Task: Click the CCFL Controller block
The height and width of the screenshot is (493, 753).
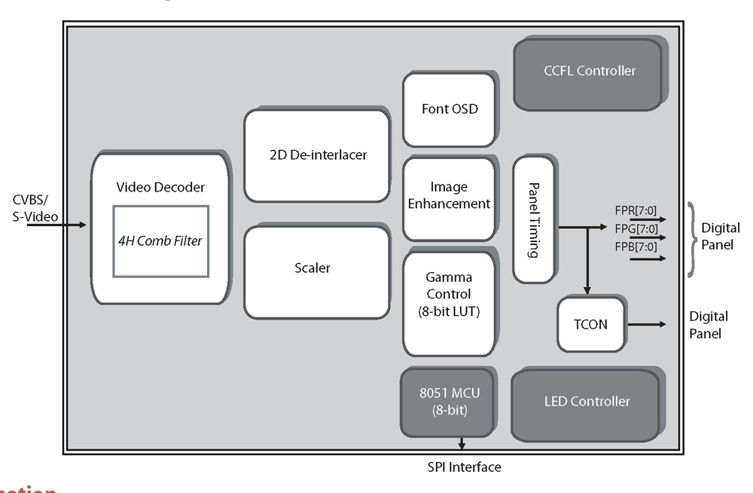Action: tap(588, 71)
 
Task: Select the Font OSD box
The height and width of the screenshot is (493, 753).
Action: tap(450, 109)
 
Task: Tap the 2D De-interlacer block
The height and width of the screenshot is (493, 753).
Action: tap(317, 155)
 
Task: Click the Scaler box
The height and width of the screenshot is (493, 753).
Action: tap(317, 268)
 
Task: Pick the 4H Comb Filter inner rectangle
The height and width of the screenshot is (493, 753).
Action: tap(160, 241)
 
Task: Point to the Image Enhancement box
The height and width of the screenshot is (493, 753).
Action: tap(450, 196)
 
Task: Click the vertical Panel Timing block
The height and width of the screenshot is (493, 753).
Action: tap(534, 220)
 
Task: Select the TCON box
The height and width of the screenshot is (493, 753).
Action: tap(591, 325)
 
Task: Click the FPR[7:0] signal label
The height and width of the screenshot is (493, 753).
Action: tap(637, 213)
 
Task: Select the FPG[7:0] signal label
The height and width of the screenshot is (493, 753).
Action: tap(637, 229)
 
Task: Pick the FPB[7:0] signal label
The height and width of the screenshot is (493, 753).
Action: tap(637, 246)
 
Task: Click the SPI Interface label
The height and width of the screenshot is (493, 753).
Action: tap(464, 467)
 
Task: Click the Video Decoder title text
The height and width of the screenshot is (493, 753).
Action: tap(160, 187)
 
